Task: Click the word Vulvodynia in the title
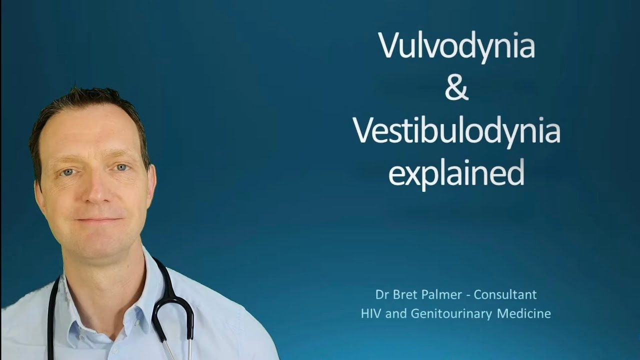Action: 456,46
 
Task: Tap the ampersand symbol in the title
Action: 456,88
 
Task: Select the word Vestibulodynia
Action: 456,131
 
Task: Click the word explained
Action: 456,173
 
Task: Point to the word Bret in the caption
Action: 404,295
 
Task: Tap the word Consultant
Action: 505,295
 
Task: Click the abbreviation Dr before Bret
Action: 382,295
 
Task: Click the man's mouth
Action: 98,219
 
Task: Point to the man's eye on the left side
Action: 67,172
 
